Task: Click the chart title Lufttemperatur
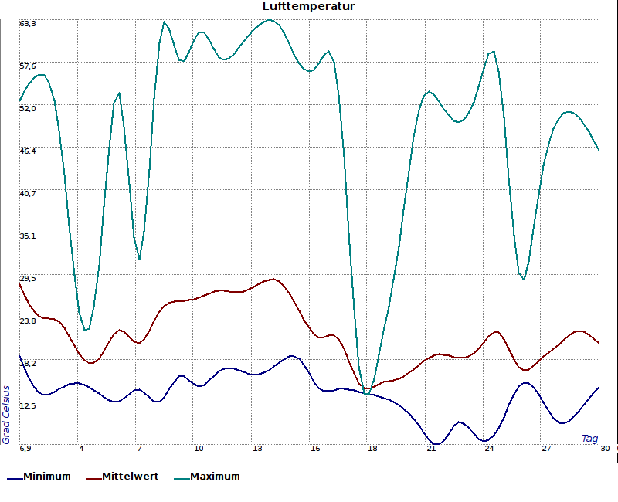point(308,6)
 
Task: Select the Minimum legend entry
point(39,477)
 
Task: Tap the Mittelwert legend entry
point(122,477)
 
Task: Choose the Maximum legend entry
point(207,477)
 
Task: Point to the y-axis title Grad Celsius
point(5,415)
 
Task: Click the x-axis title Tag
point(589,438)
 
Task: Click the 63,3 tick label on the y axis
point(28,24)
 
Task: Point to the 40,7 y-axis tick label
point(28,194)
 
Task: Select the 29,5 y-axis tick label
point(28,279)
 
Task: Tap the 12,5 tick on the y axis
point(28,406)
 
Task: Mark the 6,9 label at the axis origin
point(25,449)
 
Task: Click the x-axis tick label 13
point(257,449)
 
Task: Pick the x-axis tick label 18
point(372,449)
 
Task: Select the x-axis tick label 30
point(605,449)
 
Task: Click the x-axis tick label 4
point(81,449)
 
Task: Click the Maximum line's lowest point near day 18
point(367,394)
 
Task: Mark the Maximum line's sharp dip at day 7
point(139,259)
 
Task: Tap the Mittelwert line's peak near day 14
point(273,280)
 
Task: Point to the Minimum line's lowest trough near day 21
point(436,444)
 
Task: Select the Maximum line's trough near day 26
point(524,279)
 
